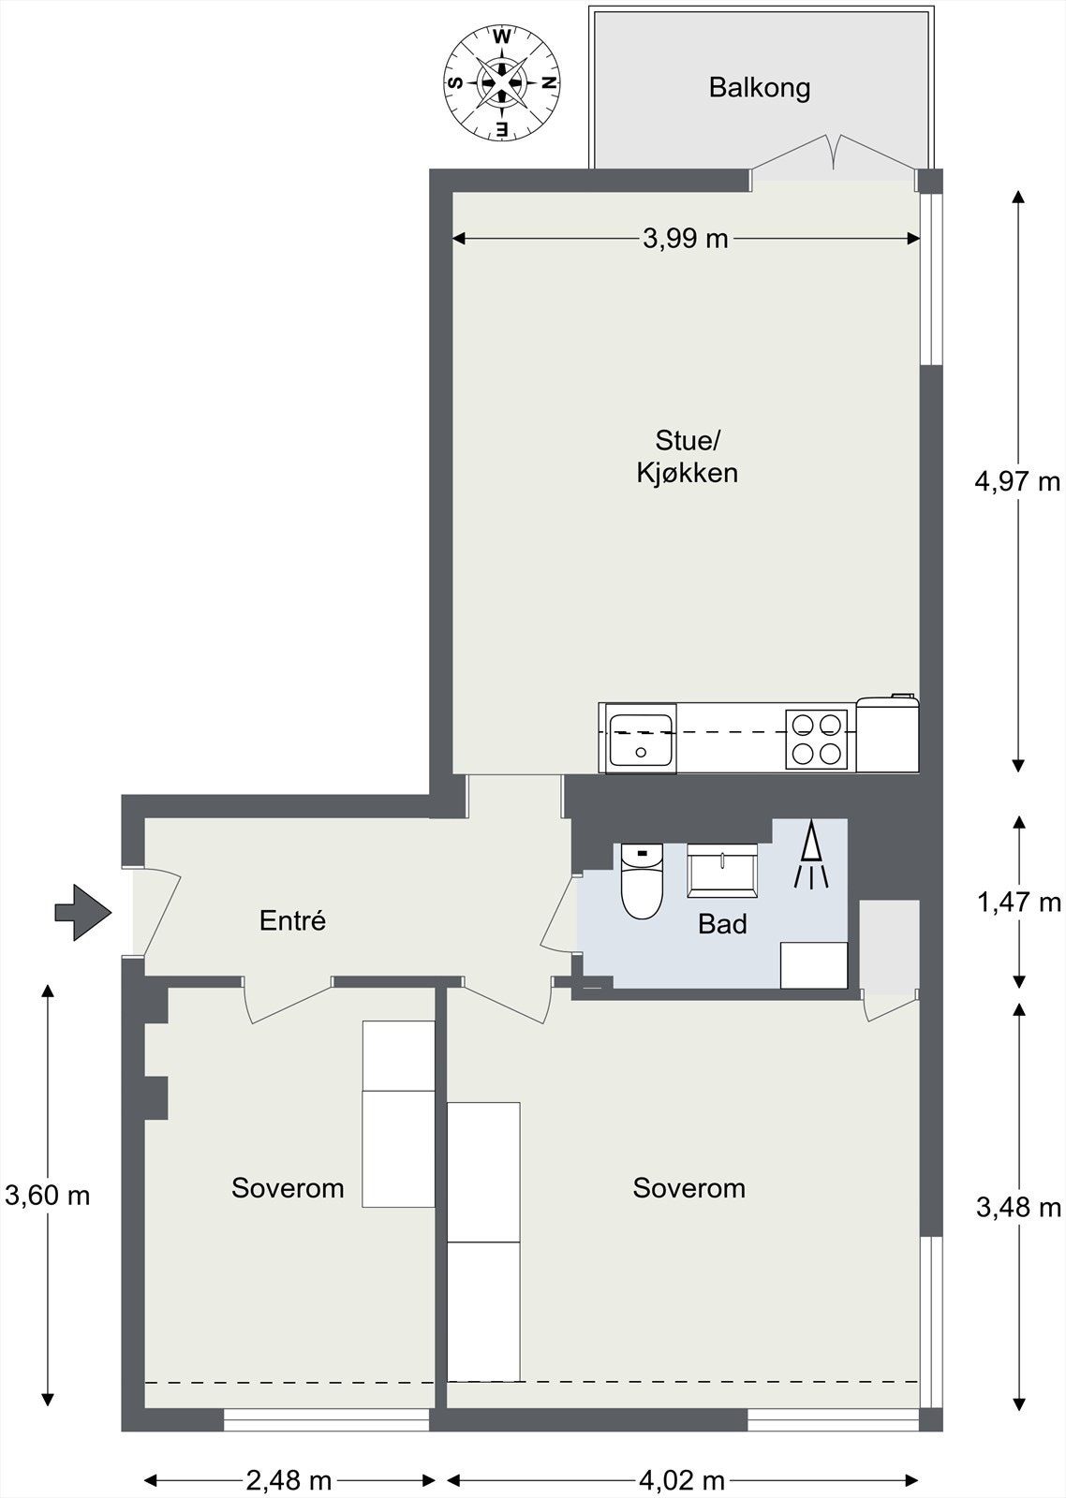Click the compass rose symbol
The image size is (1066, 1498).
[502, 83]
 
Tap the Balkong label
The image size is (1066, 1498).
[760, 88]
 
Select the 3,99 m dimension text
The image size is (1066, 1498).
[686, 239]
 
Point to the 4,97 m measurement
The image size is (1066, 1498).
[1017, 481]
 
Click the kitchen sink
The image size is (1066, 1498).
[641, 739]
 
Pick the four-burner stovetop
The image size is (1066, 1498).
[817, 739]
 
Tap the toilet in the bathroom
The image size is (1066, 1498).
[642, 880]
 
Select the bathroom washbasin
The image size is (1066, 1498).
[722, 870]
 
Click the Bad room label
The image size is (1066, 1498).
[722, 924]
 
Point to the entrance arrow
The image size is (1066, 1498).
[83, 912]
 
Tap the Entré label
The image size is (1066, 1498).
[292, 920]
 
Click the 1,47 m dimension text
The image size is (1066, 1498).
[1018, 903]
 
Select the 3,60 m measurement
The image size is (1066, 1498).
[47, 1195]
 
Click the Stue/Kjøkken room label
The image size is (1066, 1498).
[688, 457]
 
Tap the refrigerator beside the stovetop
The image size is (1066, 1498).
[887, 734]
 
